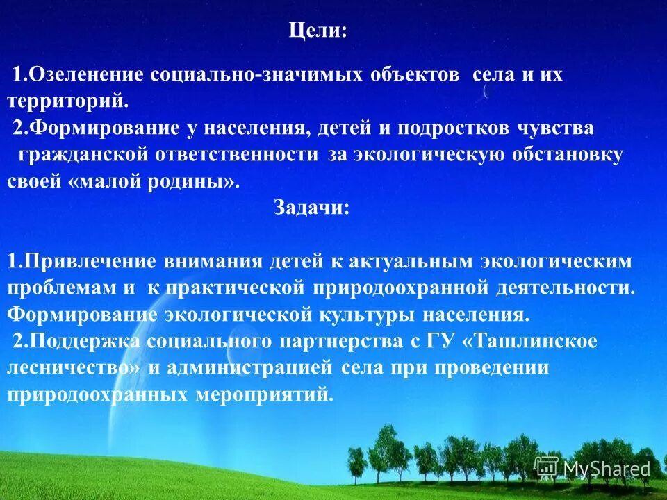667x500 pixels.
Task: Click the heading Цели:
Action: [x=318, y=31]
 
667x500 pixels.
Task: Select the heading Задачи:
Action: [x=311, y=208]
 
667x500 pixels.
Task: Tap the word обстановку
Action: [x=568, y=155]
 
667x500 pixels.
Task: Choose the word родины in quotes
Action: [x=193, y=182]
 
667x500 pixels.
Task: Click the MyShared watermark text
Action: [x=606, y=469]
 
